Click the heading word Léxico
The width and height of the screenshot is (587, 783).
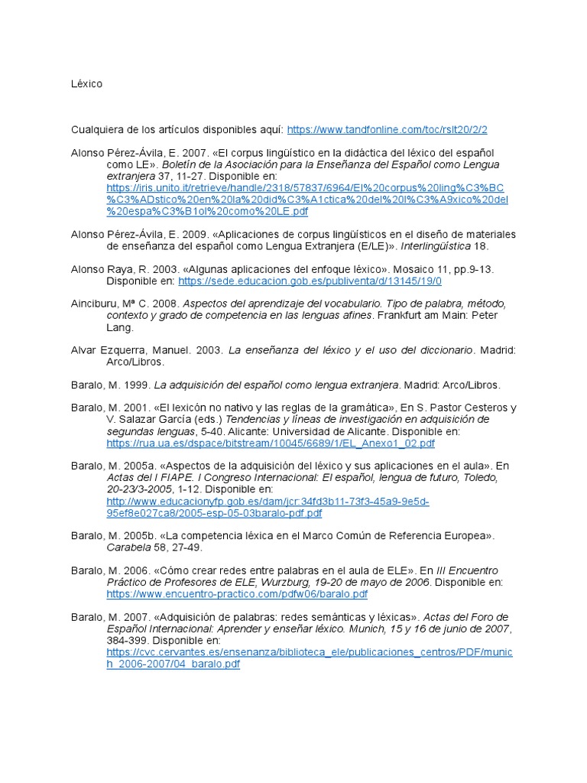(x=86, y=83)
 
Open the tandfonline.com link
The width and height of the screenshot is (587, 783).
(x=388, y=130)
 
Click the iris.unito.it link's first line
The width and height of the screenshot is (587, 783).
(x=305, y=188)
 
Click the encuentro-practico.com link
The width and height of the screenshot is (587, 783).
(x=237, y=594)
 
